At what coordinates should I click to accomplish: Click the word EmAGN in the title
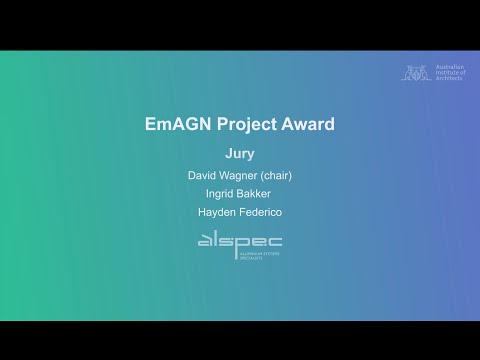click(176, 125)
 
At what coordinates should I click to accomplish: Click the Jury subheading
click(240, 154)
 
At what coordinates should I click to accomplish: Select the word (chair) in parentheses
click(275, 176)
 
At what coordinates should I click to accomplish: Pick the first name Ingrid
click(222, 194)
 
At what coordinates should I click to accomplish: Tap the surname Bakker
click(259, 194)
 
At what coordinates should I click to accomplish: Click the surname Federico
click(260, 212)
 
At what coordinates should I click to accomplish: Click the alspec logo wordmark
click(240, 241)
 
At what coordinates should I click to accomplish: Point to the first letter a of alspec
click(204, 242)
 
